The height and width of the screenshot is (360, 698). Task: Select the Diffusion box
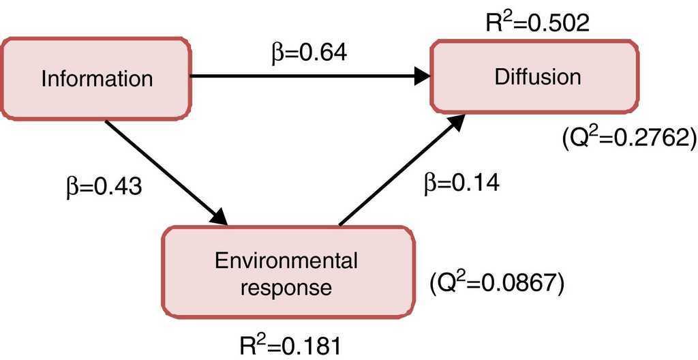click(534, 75)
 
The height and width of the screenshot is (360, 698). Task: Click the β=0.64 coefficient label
click(309, 52)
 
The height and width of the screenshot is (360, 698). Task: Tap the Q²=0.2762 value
click(628, 138)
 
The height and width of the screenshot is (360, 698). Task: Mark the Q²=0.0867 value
click(496, 280)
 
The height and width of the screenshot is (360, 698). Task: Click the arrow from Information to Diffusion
click(307, 76)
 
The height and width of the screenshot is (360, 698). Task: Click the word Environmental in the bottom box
click(286, 260)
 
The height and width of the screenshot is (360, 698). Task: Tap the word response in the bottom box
click(286, 287)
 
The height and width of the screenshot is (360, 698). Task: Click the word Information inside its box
click(97, 78)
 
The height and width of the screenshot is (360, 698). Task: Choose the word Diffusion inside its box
click(538, 76)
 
